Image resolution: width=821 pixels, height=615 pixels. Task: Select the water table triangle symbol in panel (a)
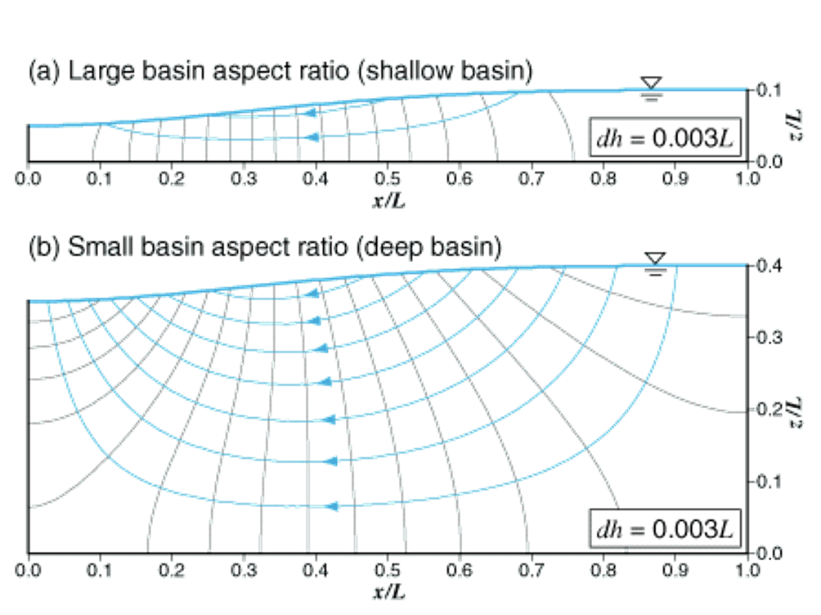pos(651,83)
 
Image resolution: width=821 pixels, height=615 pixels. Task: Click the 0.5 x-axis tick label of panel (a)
pos(388,177)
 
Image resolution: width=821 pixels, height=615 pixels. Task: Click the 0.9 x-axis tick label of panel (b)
pos(675,568)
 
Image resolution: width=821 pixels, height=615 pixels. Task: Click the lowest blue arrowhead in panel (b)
pos(331,507)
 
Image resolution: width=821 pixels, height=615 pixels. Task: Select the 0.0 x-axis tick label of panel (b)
pos(28,568)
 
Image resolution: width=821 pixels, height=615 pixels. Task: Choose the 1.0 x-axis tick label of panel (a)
pos(747,177)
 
